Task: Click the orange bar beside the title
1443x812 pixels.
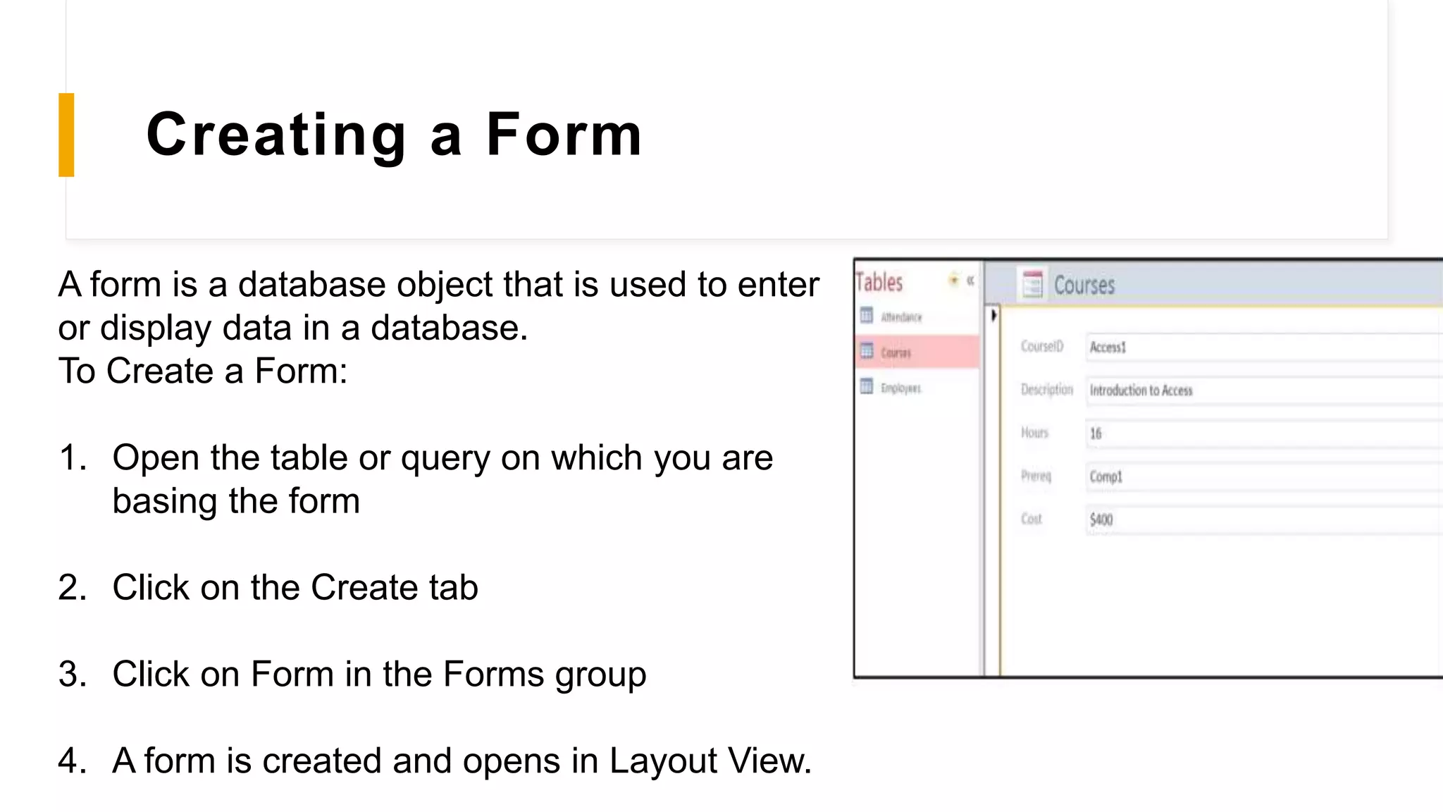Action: pos(66,135)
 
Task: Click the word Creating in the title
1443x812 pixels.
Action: pos(276,135)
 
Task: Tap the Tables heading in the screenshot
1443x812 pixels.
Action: pos(879,283)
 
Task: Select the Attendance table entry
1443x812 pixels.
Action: pos(900,317)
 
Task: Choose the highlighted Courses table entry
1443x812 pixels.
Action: pos(896,352)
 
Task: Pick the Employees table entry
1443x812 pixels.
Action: pos(900,388)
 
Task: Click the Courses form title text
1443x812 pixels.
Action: pos(1084,285)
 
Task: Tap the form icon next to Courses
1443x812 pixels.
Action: pos(1032,284)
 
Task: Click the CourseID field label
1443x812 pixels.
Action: pos(1042,346)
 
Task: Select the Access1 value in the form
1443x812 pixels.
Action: pos(1108,347)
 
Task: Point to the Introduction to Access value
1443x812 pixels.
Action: pos(1141,390)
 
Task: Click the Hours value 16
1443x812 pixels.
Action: pos(1096,433)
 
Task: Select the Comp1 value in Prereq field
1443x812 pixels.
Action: pos(1106,476)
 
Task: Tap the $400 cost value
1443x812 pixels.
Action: pos(1101,520)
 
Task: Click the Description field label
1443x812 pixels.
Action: pos(1046,390)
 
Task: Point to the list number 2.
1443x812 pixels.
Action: pos(72,587)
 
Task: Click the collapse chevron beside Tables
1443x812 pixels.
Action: pos(970,281)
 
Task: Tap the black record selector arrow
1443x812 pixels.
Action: pos(993,315)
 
